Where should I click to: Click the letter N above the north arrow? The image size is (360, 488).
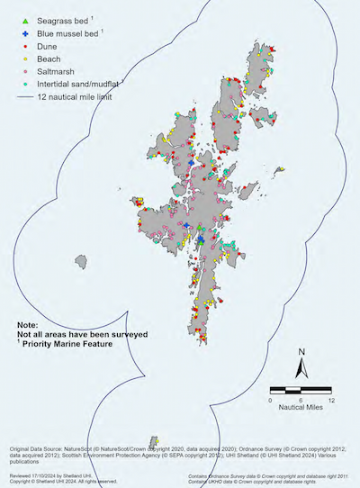pos(303,352)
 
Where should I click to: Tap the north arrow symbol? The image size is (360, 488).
pos(303,370)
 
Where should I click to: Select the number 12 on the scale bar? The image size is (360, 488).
pos(332,399)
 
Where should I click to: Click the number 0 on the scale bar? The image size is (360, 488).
pos(271,399)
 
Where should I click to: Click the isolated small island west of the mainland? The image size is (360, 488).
pos(83,262)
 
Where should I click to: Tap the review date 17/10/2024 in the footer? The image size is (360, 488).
pos(49,472)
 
